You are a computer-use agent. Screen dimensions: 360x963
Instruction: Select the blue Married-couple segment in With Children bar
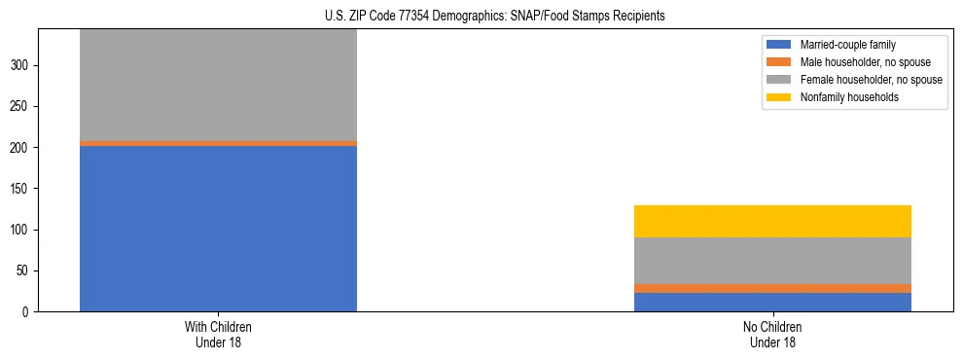(218, 229)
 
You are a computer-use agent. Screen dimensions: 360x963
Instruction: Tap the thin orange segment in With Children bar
(218, 143)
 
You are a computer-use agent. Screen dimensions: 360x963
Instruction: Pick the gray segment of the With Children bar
(218, 86)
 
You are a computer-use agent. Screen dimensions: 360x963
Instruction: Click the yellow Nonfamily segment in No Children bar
(772, 221)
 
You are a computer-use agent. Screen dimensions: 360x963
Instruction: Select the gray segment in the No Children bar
(772, 261)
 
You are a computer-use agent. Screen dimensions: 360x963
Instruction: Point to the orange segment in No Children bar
(772, 288)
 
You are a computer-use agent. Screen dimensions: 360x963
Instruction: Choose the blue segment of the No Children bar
(772, 302)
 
